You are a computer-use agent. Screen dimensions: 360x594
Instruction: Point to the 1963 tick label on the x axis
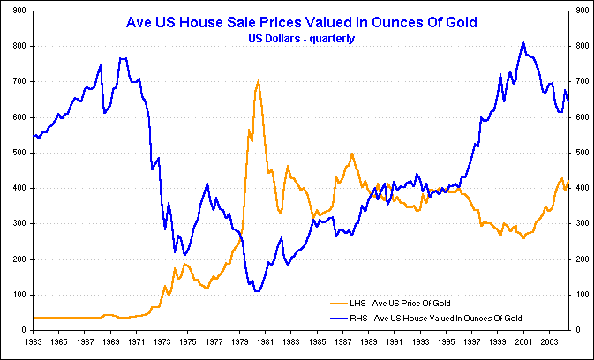34,341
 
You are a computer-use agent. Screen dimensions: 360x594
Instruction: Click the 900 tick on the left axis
19,11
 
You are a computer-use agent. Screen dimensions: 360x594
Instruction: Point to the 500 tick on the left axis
19,153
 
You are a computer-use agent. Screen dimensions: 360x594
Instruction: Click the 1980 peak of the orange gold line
258,80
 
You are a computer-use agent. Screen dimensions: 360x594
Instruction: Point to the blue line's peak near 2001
523,41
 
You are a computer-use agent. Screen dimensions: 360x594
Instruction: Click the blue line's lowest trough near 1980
257,290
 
